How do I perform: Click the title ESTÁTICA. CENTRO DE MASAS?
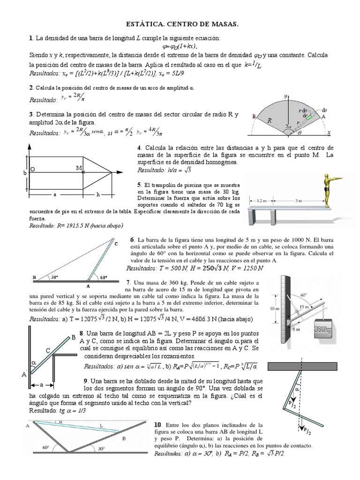(180, 23)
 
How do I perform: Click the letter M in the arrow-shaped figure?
(79, 167)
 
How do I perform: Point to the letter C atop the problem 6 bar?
(116, 244)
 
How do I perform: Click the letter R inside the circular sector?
(270, 120)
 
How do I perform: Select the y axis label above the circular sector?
(285, 96)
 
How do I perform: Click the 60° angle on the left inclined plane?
(45, 448)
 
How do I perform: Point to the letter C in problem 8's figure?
(48, 350)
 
